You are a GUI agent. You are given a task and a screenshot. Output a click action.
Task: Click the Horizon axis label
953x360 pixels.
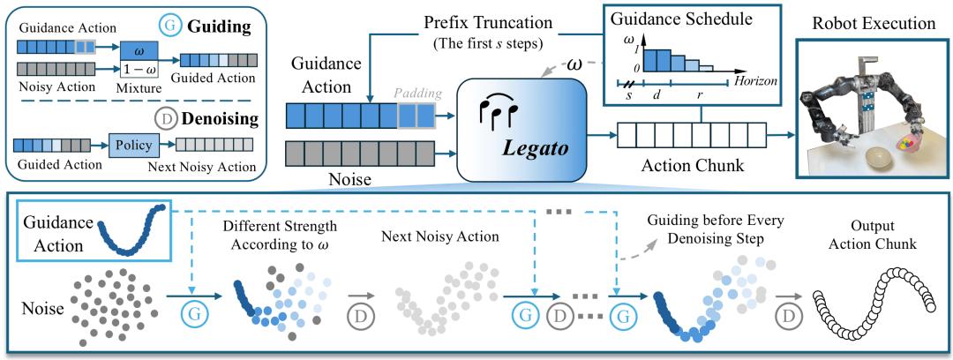(x=756, y=79)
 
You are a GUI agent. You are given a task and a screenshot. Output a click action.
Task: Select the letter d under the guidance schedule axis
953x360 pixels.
(x=657, y=95)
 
